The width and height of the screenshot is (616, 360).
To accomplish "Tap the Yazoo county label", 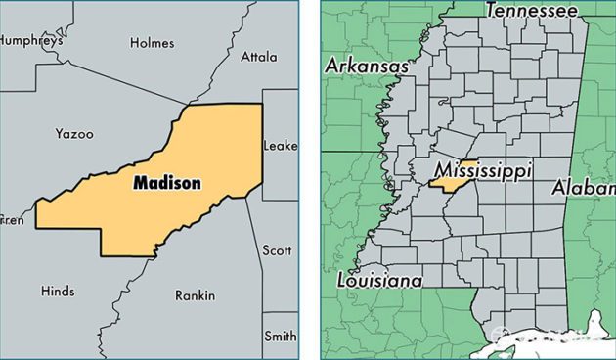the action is click(x=73, y=132).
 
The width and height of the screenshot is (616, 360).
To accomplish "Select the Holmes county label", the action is click(x=152, y=43).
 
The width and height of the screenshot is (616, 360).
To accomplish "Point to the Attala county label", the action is click(x=259, y=57).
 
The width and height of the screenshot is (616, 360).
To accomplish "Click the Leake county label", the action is click(x=280, y=147).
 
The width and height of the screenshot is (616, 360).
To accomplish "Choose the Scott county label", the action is click(x=277, y=250).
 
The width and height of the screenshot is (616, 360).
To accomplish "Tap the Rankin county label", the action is click(x=194, y=294).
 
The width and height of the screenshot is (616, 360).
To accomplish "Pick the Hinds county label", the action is click(x=58, y=291).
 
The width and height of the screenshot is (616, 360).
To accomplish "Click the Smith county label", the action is click(x=281, y=337).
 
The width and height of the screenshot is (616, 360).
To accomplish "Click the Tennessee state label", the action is click(x=531, y=11).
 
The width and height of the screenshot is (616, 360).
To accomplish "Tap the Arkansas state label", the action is click(x=367, y=66).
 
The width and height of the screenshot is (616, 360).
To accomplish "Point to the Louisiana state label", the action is click(x=379, y=281).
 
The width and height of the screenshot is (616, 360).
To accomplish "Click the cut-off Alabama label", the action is click(x=584, y=187).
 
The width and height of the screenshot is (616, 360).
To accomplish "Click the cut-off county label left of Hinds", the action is click(x=12, y=220).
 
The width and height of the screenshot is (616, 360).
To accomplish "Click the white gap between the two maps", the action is click(x=309, y=180).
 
